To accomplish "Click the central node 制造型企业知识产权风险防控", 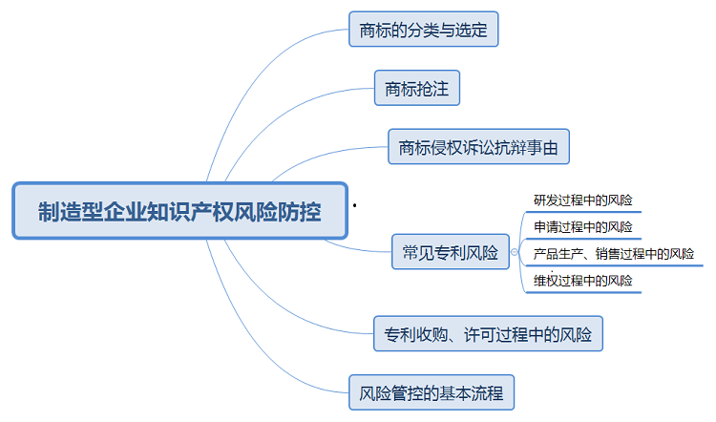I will tap(179, 210).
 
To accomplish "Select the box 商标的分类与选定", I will tap(423, 30).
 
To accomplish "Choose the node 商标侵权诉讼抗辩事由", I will tap(478, 148).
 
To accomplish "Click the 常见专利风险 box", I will tap(451, 253).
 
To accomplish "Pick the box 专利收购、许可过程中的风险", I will tap(488, 335).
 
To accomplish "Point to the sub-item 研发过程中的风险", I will tap(582, 200).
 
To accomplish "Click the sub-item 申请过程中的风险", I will tap(582, 227).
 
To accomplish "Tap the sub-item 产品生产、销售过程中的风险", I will tap(613, 254).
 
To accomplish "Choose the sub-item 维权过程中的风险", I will tap(582, 281).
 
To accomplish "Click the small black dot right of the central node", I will tap(355, 205).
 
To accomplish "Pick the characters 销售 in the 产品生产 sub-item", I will tap(623, 254).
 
